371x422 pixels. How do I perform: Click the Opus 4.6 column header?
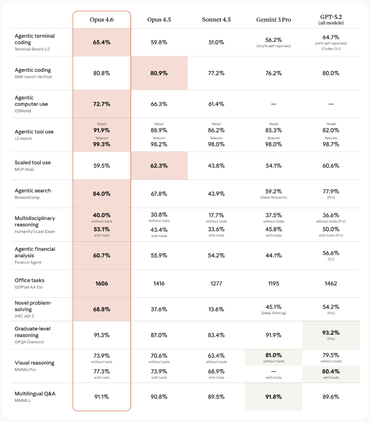pos(102,20)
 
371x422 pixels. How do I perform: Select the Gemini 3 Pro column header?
pos(273,20)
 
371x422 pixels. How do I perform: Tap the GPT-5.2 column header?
pos(331,17)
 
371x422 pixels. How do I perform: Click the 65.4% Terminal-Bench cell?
pos(102,42)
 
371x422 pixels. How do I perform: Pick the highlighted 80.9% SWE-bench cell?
pos(159,73)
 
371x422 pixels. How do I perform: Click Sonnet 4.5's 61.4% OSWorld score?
pos(216,104)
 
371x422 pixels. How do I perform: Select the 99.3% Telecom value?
pos(102,144)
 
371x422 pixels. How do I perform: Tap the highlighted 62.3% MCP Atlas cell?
pos(159,165)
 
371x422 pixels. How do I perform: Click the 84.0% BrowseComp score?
pos(102,194)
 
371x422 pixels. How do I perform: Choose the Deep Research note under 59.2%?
pos(273,197)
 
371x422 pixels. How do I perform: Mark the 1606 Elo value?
pos(102,284)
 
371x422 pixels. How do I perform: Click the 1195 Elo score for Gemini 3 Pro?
pos(273,284)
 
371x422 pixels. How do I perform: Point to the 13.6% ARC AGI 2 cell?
pos(216,309)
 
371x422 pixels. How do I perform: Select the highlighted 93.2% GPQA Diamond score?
pos(331,332)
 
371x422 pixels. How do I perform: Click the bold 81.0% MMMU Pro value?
pos(273,355)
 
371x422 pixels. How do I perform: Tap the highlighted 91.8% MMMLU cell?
pos(273,397)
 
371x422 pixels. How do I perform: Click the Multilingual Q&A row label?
pos(35,393)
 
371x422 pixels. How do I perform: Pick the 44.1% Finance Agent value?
pos(273,255)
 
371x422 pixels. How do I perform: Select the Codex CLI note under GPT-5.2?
pos(331,49)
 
